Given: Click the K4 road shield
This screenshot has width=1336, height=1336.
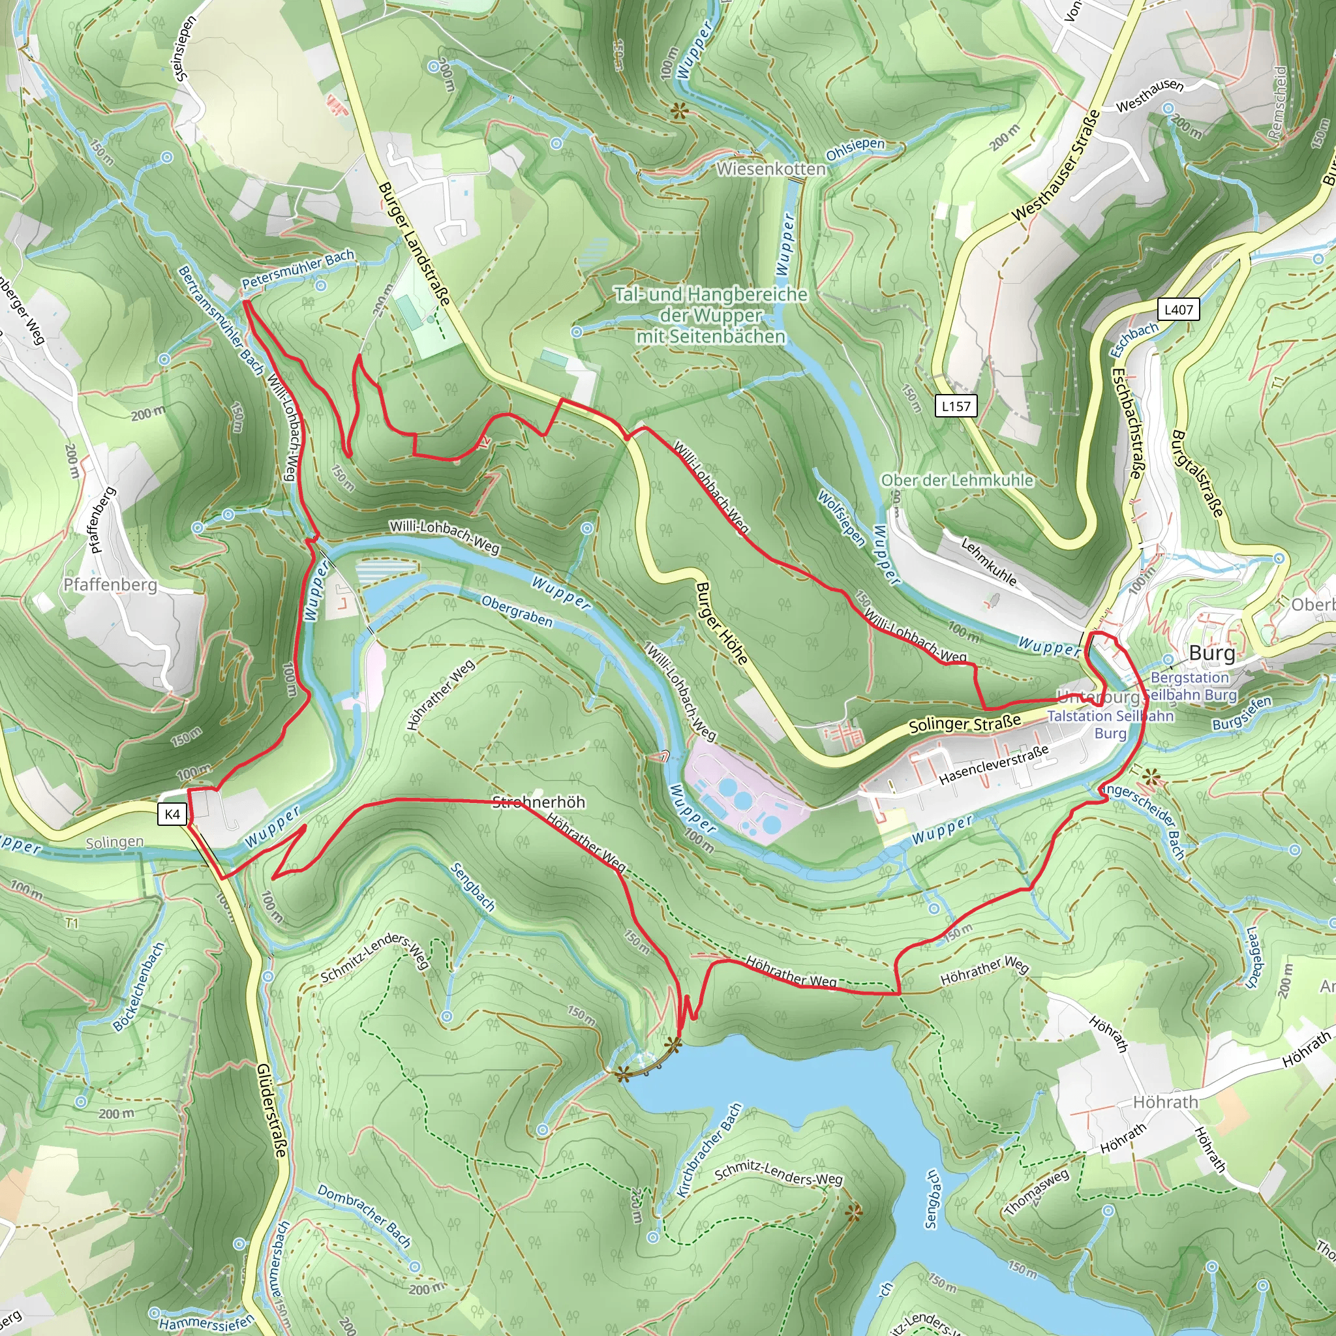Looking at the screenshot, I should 172,814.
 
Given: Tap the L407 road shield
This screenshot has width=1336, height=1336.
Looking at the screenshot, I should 1178,309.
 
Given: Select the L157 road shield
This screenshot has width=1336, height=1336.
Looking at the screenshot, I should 956,406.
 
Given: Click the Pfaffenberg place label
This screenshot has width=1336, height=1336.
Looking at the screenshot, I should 110,585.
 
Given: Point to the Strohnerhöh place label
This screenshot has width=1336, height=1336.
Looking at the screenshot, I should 539,802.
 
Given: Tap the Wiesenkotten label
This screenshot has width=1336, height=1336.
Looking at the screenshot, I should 771,169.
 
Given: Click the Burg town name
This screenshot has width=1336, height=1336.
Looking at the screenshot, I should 1211,654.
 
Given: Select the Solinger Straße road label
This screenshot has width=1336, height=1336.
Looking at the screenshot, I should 965,725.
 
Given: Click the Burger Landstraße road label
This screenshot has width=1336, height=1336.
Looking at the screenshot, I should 414,243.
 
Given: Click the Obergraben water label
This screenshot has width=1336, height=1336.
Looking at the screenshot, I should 517,611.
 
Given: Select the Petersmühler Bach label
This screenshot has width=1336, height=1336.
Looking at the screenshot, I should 297,269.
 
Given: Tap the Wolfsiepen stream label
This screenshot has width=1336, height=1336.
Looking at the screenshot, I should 841,518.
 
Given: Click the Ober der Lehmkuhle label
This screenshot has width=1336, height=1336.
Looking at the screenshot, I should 957,480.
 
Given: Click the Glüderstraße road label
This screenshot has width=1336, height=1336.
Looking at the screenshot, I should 271,1120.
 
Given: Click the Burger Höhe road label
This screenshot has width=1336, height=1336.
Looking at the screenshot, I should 721,623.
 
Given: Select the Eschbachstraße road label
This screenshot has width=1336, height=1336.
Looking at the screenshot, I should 1127,423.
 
